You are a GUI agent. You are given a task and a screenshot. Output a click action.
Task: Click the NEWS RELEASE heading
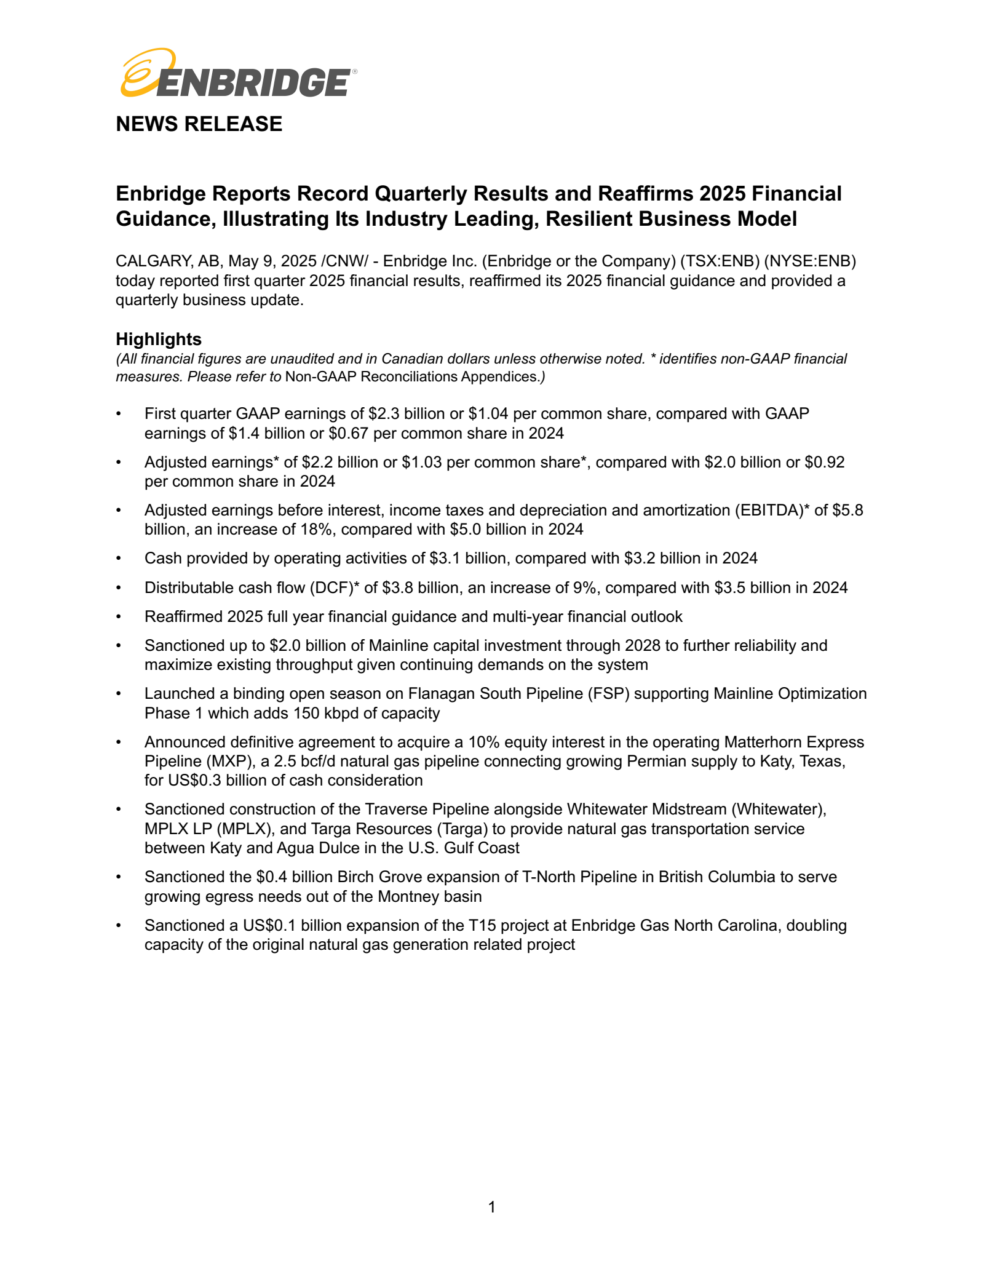tap(199, 124)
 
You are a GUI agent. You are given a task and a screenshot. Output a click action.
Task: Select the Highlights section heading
tap(159, 339)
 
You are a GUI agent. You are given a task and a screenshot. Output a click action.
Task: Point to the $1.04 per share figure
tap(488, 414)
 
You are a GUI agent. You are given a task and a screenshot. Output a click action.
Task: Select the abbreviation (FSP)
tap(608, 694)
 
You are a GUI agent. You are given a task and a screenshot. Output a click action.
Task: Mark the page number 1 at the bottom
tap(491, 1207)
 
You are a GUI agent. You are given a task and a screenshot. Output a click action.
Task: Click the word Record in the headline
tap(334, 194)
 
